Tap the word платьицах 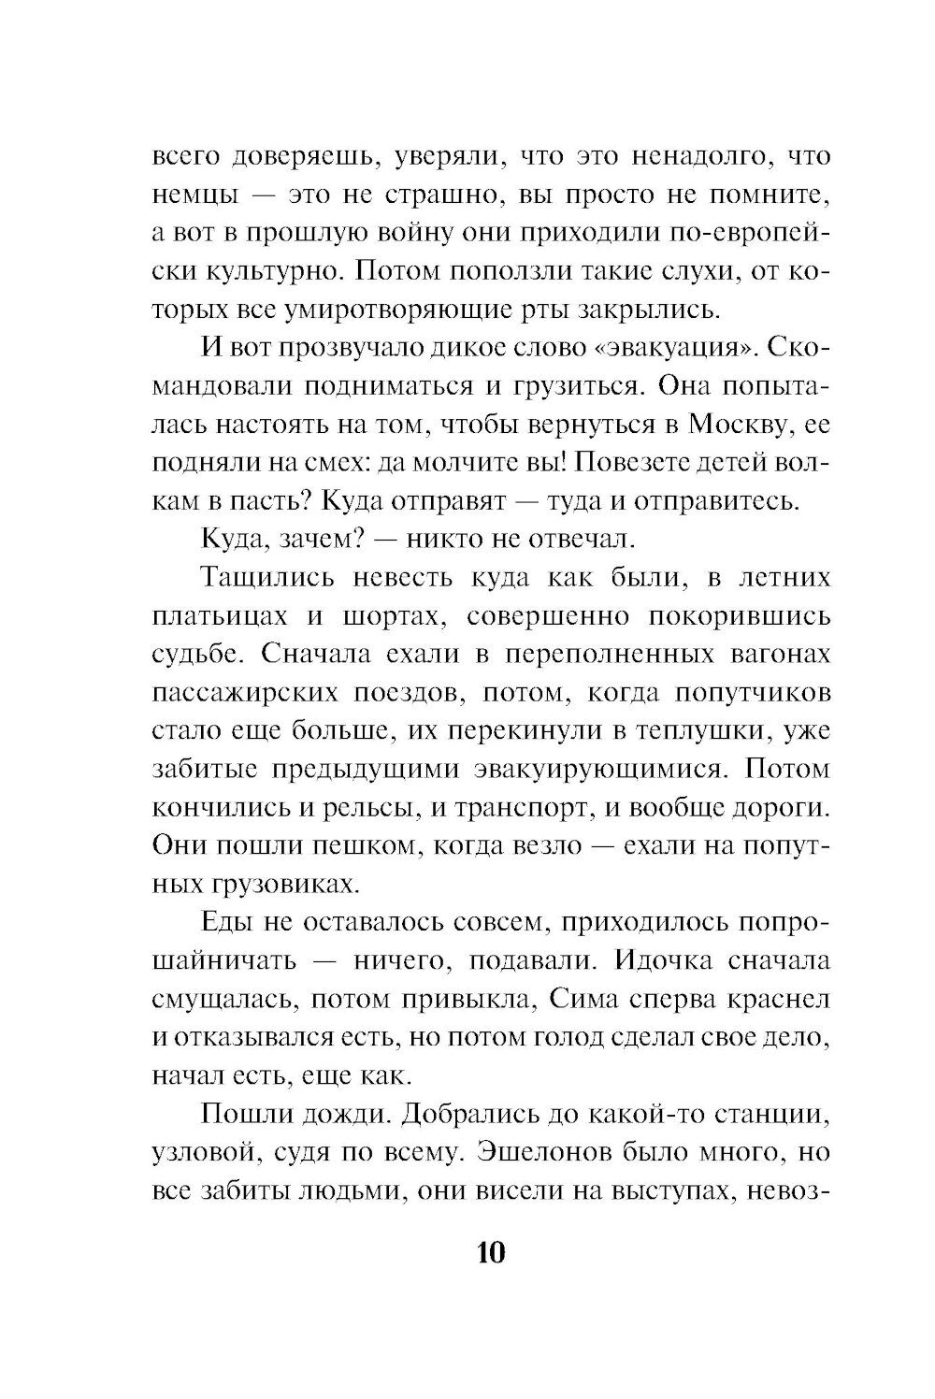pos(208,616)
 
